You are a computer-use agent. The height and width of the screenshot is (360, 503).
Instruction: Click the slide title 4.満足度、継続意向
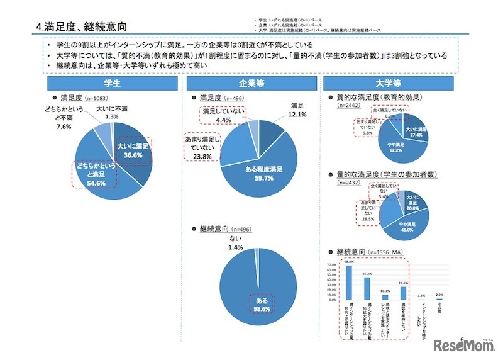[x=82, y=27]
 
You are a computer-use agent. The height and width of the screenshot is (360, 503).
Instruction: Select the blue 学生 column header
[x=112, y=83]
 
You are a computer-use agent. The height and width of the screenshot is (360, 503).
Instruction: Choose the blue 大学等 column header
[x=390, y=83]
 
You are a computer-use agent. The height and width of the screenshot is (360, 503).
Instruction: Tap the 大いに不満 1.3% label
[x=112, y=113]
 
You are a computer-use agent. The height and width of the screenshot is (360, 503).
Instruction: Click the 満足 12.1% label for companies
[x=297, y=110]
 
